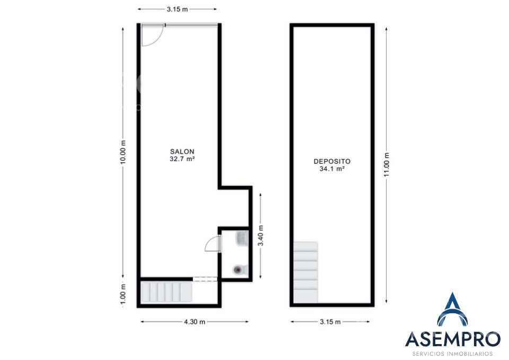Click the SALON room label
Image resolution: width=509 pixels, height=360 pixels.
(182, 152)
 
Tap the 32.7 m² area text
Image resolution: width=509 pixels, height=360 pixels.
(182, 159)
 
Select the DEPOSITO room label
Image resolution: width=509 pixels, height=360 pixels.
(332, 161)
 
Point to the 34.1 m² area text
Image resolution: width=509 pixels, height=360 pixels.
(332, 169)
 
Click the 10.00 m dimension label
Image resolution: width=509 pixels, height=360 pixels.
(122, 152)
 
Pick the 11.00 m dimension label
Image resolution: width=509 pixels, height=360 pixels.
(387, 164)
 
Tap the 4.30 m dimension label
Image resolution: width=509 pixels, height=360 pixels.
(195, 322)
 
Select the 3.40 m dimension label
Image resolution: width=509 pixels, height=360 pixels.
(261, 235)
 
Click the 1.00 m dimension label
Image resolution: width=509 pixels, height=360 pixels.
(122, 294)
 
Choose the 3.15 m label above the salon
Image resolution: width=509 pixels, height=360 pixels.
(177, 9)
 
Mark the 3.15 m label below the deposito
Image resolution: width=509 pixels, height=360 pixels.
(330, 322)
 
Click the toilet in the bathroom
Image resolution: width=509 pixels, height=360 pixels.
(241, 269)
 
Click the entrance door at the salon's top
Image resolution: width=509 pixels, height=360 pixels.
(153, 35)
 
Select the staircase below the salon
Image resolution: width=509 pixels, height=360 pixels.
(166, 292)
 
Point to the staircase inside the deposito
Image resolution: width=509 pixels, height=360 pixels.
(305, 273)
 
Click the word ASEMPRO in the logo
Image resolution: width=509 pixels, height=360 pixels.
(453, 339)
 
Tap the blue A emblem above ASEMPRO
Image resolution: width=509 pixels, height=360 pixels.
(452, 310)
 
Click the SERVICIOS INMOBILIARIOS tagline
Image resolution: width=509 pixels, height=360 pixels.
(453, 354)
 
